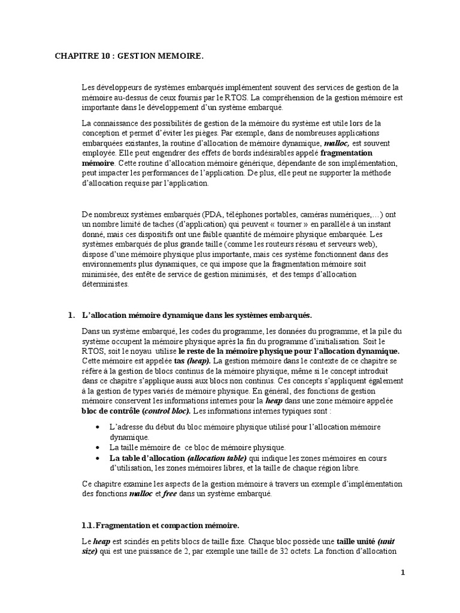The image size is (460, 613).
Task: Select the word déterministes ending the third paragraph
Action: coord(105,284)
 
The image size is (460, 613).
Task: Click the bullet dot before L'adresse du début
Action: coord(98,426)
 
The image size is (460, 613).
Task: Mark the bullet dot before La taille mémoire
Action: coord(98,447)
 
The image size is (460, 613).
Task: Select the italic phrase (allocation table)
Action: coord(213,458)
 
